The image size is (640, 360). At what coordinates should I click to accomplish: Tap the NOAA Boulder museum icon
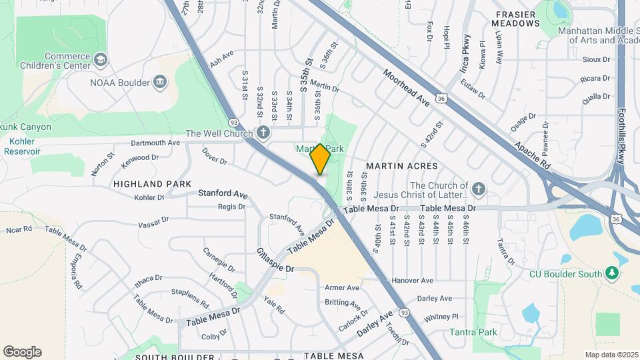click(160, 83)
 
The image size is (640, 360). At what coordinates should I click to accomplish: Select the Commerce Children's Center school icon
click(101, 61)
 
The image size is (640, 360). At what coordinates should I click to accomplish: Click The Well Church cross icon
click(263, 132)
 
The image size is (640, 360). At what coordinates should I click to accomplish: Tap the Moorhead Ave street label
click(407, 87)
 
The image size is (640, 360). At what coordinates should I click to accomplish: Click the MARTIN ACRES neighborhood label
click(401, 165)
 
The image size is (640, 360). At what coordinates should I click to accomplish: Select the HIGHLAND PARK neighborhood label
click(152, 183)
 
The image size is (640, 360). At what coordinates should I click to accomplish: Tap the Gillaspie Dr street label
click(275, 260)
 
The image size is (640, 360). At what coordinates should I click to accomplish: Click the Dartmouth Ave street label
click(155, 143)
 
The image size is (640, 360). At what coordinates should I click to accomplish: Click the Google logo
click(22, 351)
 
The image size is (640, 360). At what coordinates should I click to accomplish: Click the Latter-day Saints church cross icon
click(479, 190)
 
